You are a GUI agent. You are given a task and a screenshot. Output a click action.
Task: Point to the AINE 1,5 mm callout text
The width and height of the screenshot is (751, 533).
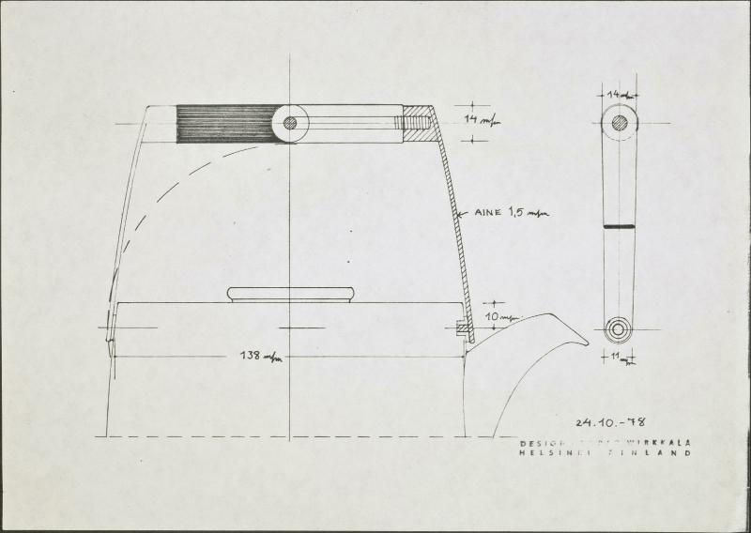coord(508,214)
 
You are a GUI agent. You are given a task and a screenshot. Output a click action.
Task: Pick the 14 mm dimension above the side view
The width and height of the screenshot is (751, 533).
coord(618,95)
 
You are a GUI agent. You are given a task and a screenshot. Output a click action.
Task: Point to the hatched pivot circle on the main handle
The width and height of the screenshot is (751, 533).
coord(290,123)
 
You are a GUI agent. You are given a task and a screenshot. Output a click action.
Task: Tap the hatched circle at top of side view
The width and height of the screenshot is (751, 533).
coord(619,122)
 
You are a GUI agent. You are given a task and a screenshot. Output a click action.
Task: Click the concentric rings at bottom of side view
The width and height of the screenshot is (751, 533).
coord(619,329)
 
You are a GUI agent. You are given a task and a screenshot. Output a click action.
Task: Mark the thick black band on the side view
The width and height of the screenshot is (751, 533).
coord(619,227)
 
